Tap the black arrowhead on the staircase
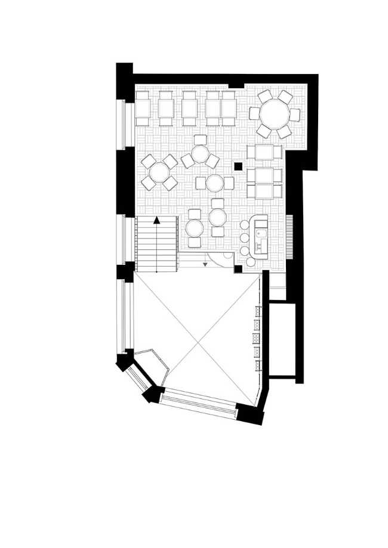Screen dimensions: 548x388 point(156,220)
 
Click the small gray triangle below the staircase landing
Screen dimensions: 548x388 point(205,263)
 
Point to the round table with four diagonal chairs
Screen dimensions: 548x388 point(159,173)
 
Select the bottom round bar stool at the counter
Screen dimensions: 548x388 point(248,261)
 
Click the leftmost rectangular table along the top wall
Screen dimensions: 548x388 point(142,109)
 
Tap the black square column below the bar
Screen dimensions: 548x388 point(238,270)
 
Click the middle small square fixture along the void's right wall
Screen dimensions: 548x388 point(258,339)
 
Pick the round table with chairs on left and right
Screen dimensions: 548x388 point(214,182)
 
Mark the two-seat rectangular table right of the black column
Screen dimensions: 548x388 point(264,153)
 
